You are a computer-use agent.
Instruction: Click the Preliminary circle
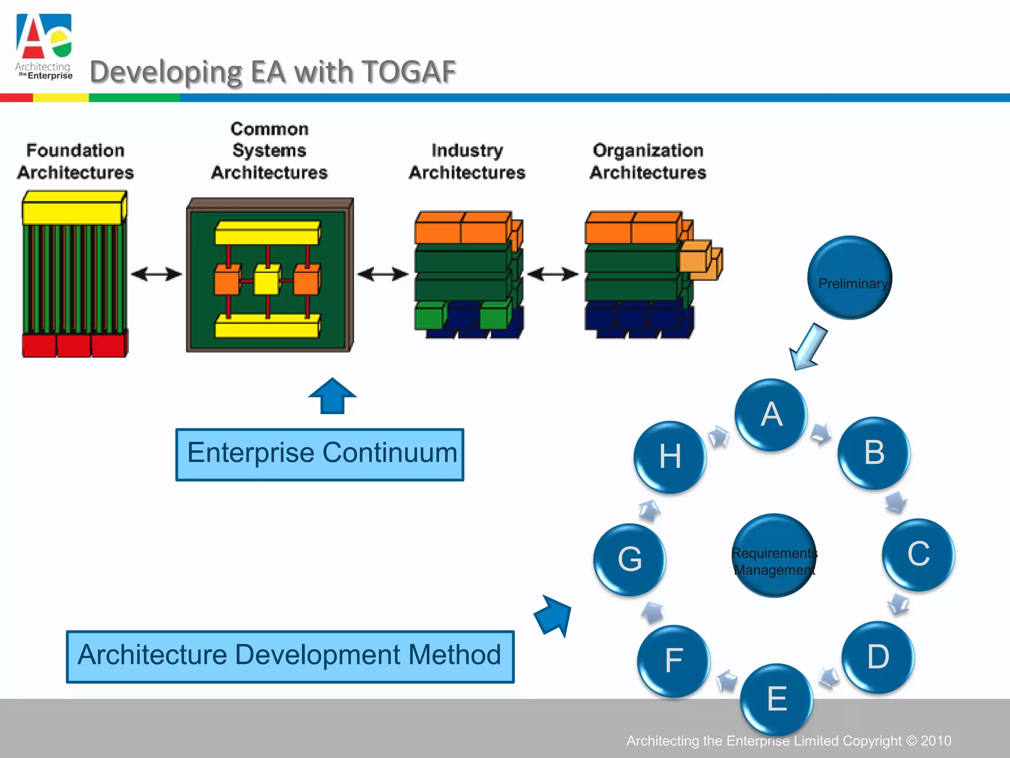[x=850, y=277]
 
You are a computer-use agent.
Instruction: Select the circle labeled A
[x=771, y=415]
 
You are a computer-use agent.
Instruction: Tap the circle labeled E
[x=777, y=699]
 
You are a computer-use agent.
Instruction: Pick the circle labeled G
[x=630, y=559]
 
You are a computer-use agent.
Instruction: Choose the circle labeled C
[x=918, y=554]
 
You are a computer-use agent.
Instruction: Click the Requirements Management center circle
[x=774, y=556]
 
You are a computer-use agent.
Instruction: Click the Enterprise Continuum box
[x=320, y=454]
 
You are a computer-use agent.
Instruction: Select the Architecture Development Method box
[x=290, y=656]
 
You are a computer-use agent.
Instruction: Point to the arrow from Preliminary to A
[x=808, y=346]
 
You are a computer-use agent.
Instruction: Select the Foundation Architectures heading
[x=75, y=161]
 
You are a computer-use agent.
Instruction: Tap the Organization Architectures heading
[x=648, y=161]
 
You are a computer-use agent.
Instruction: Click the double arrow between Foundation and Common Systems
[x=156, y=274]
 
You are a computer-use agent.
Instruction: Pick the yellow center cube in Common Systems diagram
[x=267, y=279]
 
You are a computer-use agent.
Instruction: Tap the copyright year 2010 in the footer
[x=936, y=741]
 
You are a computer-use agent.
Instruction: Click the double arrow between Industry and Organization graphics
[x=553, y=274]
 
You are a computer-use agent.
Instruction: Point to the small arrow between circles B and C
[x=896, y=502]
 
